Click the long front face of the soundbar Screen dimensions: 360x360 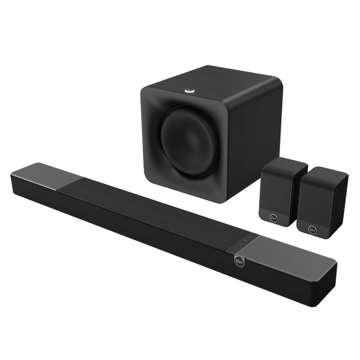pos(154,242)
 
